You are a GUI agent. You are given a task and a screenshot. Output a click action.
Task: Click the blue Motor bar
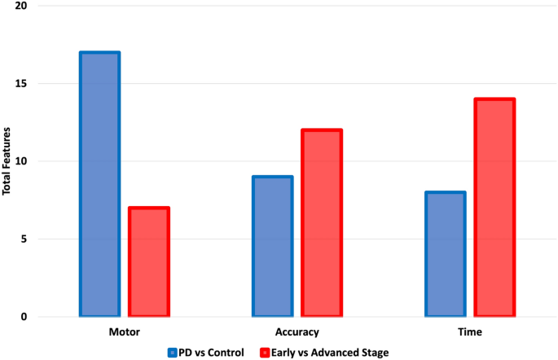pyautogui.click(x=99, y=184)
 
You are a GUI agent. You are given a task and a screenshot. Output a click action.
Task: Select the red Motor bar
pyautogui.click(x=148, y=262)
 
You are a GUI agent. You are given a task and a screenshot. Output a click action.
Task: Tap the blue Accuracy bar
pyautogui.click(x=272, y=246)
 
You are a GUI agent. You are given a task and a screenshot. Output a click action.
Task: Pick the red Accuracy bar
pyautogui.click(x=322, y=223)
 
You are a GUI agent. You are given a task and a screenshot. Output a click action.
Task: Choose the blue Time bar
pyautogui.click(x=445, y=254)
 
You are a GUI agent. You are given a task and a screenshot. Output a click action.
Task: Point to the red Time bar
pyautogui.click(x=494, y=208)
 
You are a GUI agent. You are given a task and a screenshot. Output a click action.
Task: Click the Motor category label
pyautogui.click(x=124, y=332)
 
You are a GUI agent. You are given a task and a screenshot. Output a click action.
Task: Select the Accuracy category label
pyautogui.click(x=297, y=332)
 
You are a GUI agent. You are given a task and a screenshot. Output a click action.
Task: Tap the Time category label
pyautogui.click(x=470, y=332)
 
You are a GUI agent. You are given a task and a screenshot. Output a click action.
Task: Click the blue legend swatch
pyautogui.click(x=172, y=353)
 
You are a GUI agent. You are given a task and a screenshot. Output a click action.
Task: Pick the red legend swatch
pyautogui.click(x=265, y=353)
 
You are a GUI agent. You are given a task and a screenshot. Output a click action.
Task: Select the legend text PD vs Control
pyautogui.click(x=213, y=353)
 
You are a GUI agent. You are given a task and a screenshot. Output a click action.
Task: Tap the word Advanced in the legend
pyautogui.click(x=339, y=353)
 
